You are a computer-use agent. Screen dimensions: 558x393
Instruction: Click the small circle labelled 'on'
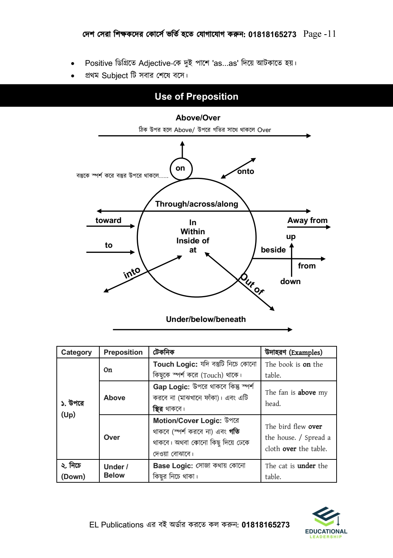pyautogui.click(x=181, y=168)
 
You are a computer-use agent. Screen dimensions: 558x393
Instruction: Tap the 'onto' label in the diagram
pyautogui.click(x=246, y=171)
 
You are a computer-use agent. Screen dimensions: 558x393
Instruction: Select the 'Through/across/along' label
pyautogui.click(x=196, y=204)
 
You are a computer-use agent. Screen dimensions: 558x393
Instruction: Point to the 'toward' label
pyautogui.click(x=108, y=220)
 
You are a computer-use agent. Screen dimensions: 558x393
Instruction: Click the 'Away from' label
pyautogui.click(x=307, y=220)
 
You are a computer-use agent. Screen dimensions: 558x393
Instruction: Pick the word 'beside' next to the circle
pyautogui.click(x=273, y=250)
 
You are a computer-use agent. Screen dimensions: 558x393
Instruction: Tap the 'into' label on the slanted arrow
pyautogui.click(x=132, y=272)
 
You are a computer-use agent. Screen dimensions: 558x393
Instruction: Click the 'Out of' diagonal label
pyautogui.click(x=252, y=284)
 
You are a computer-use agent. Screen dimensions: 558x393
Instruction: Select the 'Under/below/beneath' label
pyautogui.click(x=206, y=319)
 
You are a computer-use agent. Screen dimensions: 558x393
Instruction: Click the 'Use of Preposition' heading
pyautogui.click(x=196, y=96)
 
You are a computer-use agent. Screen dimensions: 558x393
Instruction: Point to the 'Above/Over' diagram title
pyautogui.click(x=198, y=118)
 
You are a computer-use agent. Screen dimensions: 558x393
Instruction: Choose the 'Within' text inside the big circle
pyautogui.click(x=192, y=232)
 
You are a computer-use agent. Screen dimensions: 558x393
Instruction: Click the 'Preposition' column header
pyautogui.click(x=123, y=352)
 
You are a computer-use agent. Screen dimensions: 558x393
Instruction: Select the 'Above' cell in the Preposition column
pyautogui.click(x=115, y=398)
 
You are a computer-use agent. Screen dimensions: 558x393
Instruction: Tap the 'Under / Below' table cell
pyautogui.click(x=116, y=471)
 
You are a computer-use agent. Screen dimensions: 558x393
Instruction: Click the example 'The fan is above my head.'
pyautogui.click(x=296, y=398)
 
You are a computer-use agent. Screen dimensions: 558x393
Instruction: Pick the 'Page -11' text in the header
pyautogui.click(x=319, y=34)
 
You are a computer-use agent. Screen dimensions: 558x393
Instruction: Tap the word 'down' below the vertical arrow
pyautogui.click(x=290, y=282)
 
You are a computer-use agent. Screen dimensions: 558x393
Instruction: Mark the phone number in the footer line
pyautogui.click(x=266, y=525)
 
